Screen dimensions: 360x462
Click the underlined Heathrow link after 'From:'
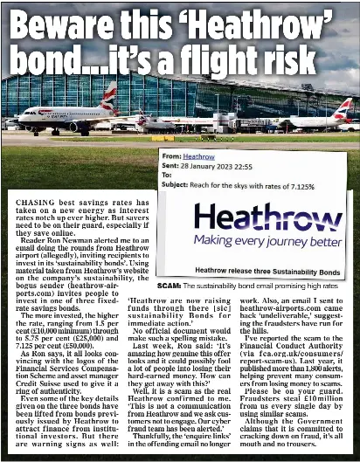click(200, 156)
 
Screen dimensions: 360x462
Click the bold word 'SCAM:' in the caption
click(169, 286)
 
